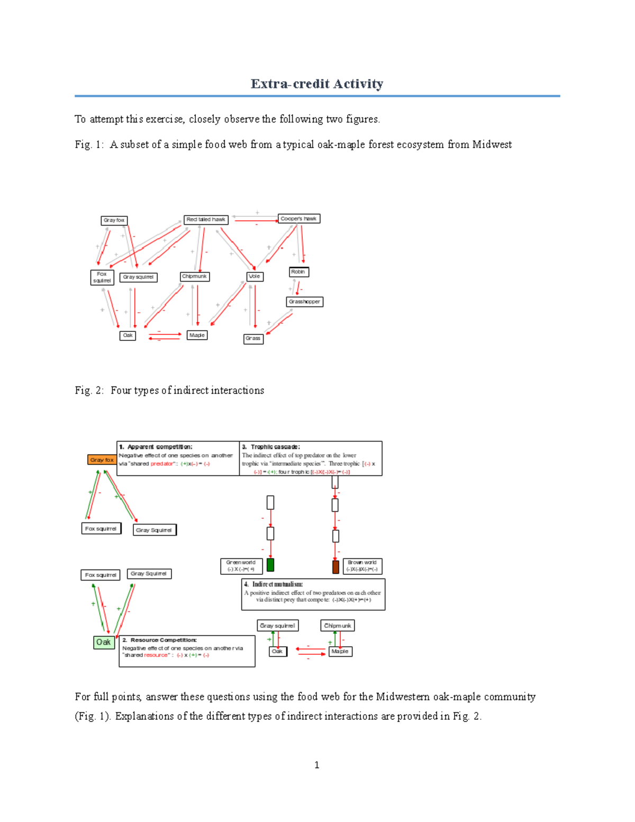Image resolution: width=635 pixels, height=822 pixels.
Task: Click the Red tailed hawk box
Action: (206, 219)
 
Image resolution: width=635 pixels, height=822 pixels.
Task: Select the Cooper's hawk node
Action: (298, 219)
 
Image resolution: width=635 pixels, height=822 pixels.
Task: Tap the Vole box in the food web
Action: (255, 276)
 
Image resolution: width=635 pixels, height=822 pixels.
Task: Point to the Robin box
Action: (298, 272)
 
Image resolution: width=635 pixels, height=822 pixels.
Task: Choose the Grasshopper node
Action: (304, 302)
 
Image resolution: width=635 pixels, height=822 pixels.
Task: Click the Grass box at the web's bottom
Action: (253, 339)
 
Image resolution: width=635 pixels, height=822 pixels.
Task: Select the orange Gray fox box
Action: (102, 460)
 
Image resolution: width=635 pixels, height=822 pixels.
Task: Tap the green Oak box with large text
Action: (104, 642)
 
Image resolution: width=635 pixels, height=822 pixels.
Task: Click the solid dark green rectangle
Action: (270, 565)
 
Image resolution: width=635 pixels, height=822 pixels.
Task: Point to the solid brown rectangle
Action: (335, 567)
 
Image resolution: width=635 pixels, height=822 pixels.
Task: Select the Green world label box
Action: (241, 566)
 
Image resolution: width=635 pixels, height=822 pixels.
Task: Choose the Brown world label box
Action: (362, 566)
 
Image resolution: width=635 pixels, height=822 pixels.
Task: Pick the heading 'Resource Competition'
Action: (163, 640)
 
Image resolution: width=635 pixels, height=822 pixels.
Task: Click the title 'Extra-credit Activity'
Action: (317, 84)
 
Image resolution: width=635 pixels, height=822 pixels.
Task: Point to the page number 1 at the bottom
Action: (316, 765)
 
